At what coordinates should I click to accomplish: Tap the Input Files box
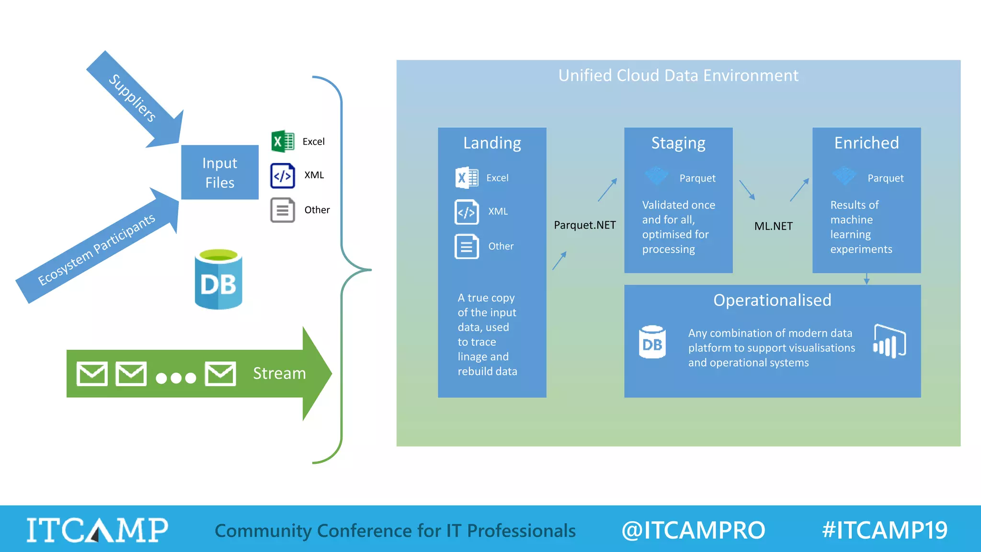pos(220,172)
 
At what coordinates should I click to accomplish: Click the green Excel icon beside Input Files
pos(283,141)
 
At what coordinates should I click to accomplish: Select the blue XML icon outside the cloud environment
pos(283,176)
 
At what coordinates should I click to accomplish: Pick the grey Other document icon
pos(283,210)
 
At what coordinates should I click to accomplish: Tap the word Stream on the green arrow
pos(279,373)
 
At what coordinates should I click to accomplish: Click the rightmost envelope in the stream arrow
pos(220,374)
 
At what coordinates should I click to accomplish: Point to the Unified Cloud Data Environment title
pos(678,76)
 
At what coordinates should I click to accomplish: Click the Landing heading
pos(492,143)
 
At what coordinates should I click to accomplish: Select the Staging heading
pos(678,143)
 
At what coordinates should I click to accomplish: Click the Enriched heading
pos(867,143)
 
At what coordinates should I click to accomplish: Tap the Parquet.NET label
pos(585,225)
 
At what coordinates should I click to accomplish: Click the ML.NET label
pos(773,226)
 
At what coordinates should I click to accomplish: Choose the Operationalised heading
pos(772,300)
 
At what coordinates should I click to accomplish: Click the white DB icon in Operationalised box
pos(652,342)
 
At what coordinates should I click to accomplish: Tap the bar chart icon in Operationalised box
pos(890,341)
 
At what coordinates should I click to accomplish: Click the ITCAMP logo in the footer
pos(97,530)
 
